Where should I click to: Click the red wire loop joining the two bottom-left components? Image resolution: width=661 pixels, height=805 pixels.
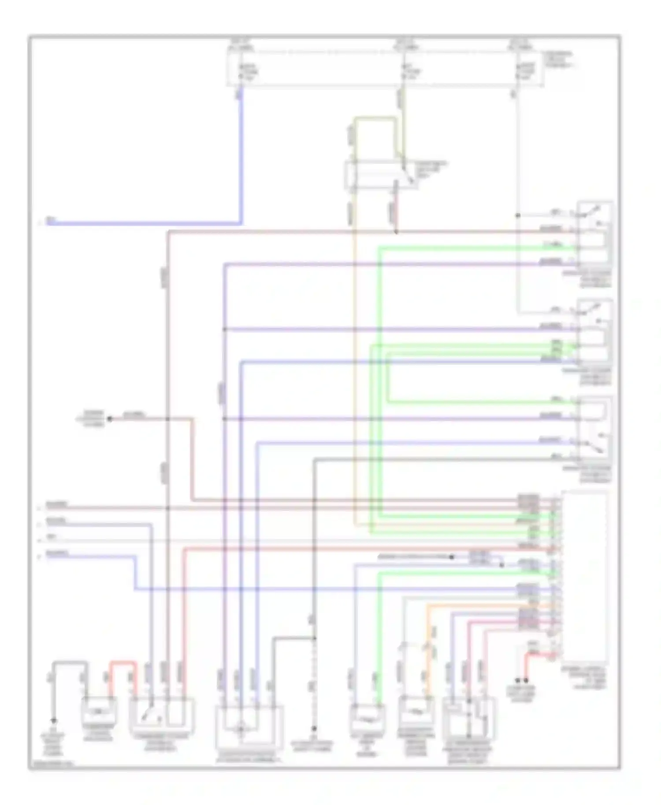(x=123, y=662)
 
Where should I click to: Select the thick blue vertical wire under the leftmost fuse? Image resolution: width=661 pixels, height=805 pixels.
(x=241, y=159)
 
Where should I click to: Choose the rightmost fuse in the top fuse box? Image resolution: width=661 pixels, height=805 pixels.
(x=518, y=71)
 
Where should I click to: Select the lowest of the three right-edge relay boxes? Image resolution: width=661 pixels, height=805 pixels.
(x=594, y=429)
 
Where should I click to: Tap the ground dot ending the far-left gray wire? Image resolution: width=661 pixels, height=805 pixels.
(x=53, y=721)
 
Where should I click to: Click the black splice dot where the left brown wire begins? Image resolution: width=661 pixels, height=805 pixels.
(x=110, y=419)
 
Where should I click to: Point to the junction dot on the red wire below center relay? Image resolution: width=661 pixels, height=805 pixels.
(x=396, y=231)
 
